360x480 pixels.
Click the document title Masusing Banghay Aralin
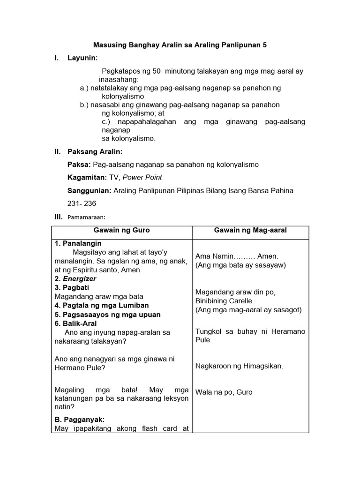click(180, 45)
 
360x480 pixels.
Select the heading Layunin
click(83, 58)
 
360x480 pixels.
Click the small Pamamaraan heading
click(87, 217)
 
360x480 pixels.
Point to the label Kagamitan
click(87, 178)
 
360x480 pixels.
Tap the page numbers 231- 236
click(83, 204)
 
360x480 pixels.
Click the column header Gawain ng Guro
click(121, 230)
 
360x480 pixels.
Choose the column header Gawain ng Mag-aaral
click(250, 230)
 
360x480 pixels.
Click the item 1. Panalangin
click(78, 244)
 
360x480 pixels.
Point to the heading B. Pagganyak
click(79, 420)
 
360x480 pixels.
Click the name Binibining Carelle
click(225, 301)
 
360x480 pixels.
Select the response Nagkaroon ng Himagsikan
click(239, 366)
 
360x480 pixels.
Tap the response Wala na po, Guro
click(224, 392)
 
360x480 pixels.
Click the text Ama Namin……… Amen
click(237, 256)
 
